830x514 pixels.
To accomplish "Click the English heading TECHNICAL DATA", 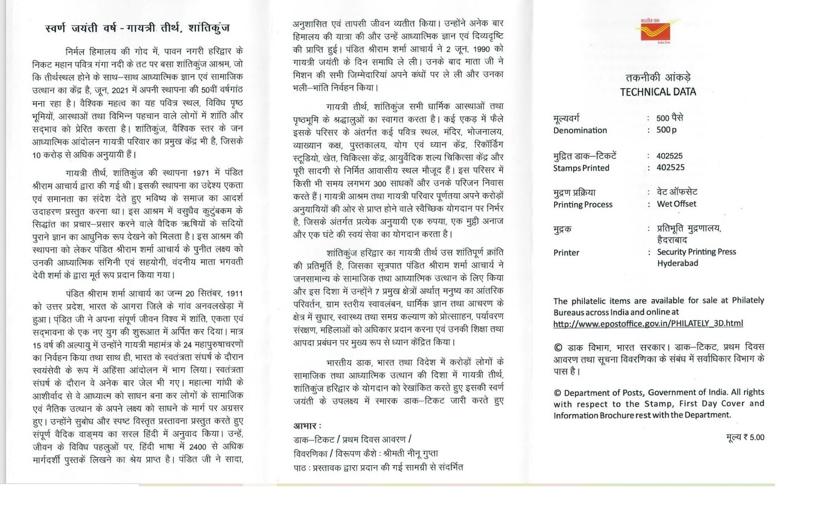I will pyautogui.click(x=657, y=92).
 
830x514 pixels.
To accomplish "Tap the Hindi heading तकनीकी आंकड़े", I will pyautogui.click(x=658, y=78).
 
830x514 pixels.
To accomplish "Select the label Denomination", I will pyautogui.click(x=580, y=130).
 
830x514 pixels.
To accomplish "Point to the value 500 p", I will pyautogui.click(x=666, y=130).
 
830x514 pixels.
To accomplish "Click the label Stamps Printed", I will pyautogui.click(x=581, y=168).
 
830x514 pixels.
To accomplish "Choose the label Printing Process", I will pyautogui.click(x=583, y=205).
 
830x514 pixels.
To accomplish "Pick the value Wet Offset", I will pyautogui.click(x=676, y=204).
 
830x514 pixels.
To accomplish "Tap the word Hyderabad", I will pyautogui.click(x=677, y=263).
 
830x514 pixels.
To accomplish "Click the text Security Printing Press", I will pyautogui.click(x=696, y=252).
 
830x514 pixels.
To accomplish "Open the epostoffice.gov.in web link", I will pyautogui.click(x=648, y=324).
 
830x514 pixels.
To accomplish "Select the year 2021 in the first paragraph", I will pyautogui.click(x=120, y=90).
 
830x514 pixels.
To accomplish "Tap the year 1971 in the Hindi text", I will pyautogui.click(x=201, y=173).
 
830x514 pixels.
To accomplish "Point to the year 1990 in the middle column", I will pyautogui.click(x=481, y=49).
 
